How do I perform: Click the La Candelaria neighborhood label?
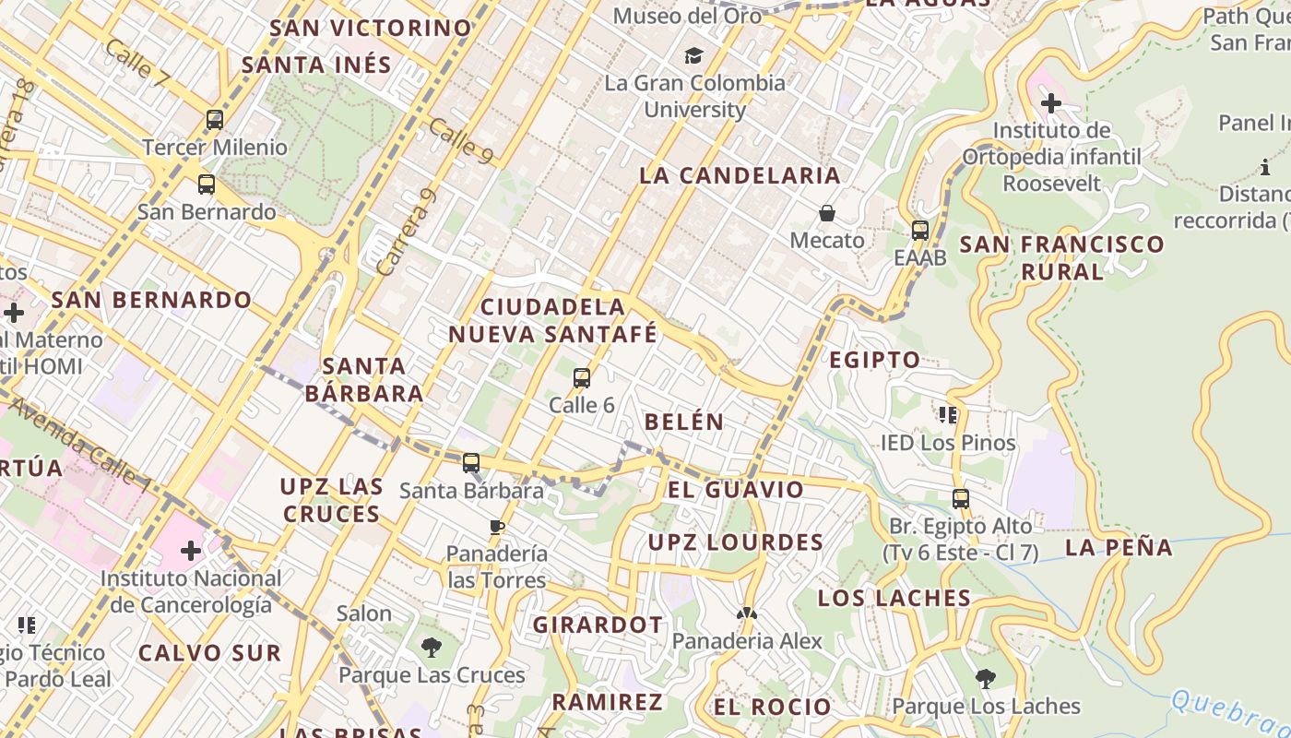(x=740, y=175)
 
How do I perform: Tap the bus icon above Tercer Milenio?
(x=215, y=120)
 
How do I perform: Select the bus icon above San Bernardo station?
(x=207, y=184)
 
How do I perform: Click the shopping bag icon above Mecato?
(x=827, y=213)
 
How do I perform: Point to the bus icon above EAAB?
(x=919, y=231)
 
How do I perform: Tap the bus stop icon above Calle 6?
(x=582, y=377)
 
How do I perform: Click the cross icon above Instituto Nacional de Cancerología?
(x=191, y=552)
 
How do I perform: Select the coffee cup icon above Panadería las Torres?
(x=497, y=527)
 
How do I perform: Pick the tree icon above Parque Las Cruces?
(x=431, y=648)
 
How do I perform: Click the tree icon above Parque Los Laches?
(x=986, y=679)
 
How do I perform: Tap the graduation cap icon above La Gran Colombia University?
(x=693, y=56)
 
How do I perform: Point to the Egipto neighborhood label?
(x=874, y=360)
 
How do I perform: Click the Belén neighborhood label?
(x=684, y=422)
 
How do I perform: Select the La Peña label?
(x=1119, y=547)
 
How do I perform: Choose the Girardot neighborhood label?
(x=598, y=625)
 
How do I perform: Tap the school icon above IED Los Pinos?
(x=947, y=415)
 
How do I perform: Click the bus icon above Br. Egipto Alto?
(x=961, y=499)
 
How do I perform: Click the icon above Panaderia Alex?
(x=746, y=613)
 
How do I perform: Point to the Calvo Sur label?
(x=209, y=653)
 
